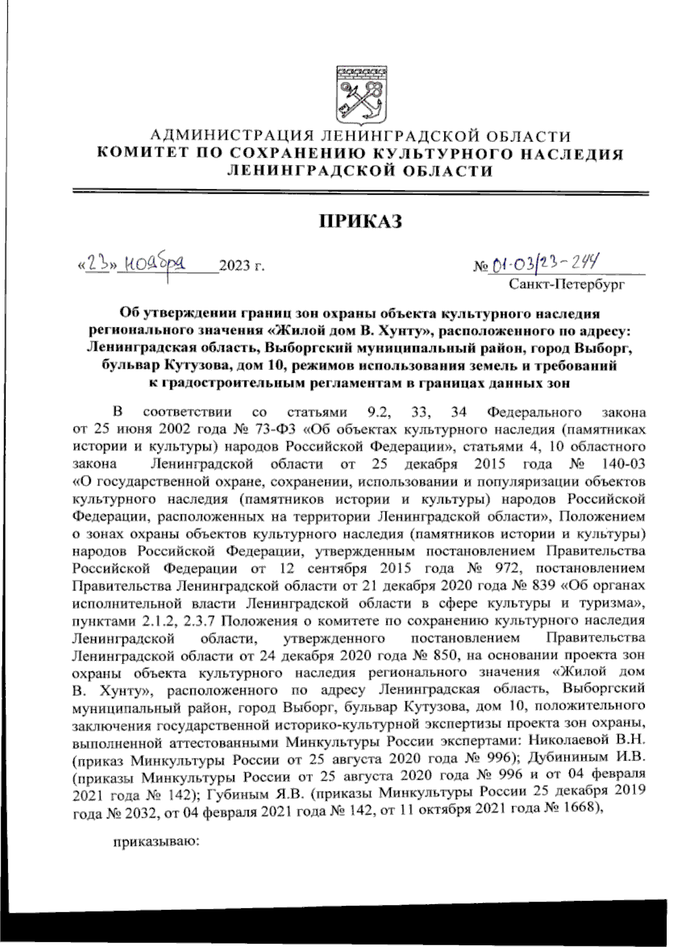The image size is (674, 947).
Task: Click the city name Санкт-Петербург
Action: point(567,284)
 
